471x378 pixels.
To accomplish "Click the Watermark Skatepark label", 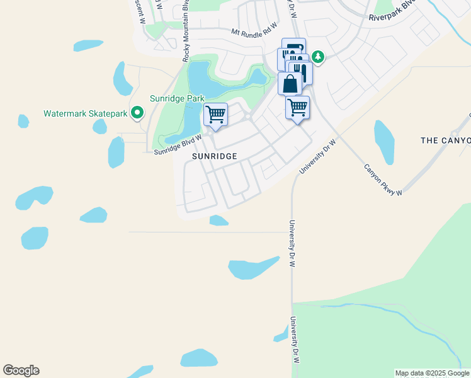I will pyautogui.click(x=85, y=114).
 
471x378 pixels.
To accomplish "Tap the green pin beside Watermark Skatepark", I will pyautogui.click(x=137, y=113).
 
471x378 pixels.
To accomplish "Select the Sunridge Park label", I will pyautogui.click(x=177, y=98).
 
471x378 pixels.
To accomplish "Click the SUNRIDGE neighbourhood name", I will pyautogui.click(x=215, y=156).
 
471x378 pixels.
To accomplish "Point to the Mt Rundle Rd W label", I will pyautogui.click(x=254, y=30).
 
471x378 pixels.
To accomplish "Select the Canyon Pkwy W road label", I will pyautogui.click(x=383, y=181).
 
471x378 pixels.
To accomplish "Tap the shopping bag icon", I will pyautogui.click(x=290, y=84).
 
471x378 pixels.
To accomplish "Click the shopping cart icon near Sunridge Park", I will pyautogui.click(x=215, y=115).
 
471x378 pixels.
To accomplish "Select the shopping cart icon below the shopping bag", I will pyautogui.click(x=297, y=107).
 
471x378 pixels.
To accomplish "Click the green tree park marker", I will pyautogui.click(x=319, y=57).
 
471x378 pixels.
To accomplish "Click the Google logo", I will pyautogui.click(x=21, y=370).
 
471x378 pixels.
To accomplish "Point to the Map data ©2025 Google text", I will pyautogui.click(x=432, y=373).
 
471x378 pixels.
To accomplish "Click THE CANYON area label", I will pyautogui.click(x=446, y=140).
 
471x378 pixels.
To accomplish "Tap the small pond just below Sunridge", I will pyautogui.click(x=218, y=220).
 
